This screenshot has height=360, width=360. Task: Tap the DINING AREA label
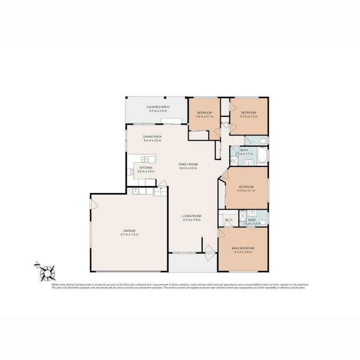(153, 137)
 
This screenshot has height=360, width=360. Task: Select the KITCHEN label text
(146, 167)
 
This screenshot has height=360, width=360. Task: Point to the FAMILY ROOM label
(188, 164)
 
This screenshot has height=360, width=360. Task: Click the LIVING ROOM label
(191, 215)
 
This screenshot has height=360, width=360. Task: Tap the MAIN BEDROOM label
(243, 248)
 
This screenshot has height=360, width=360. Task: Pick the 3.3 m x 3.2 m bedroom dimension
(249, 116)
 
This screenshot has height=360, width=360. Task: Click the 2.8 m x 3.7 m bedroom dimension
(205, 116)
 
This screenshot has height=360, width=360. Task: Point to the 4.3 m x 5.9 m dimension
(191, 219)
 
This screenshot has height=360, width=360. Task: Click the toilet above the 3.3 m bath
(263, 140)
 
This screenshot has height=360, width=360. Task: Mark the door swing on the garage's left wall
(94, 204)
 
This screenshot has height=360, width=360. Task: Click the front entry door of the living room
(210, 249)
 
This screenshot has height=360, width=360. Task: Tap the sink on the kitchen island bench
(144, 158)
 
